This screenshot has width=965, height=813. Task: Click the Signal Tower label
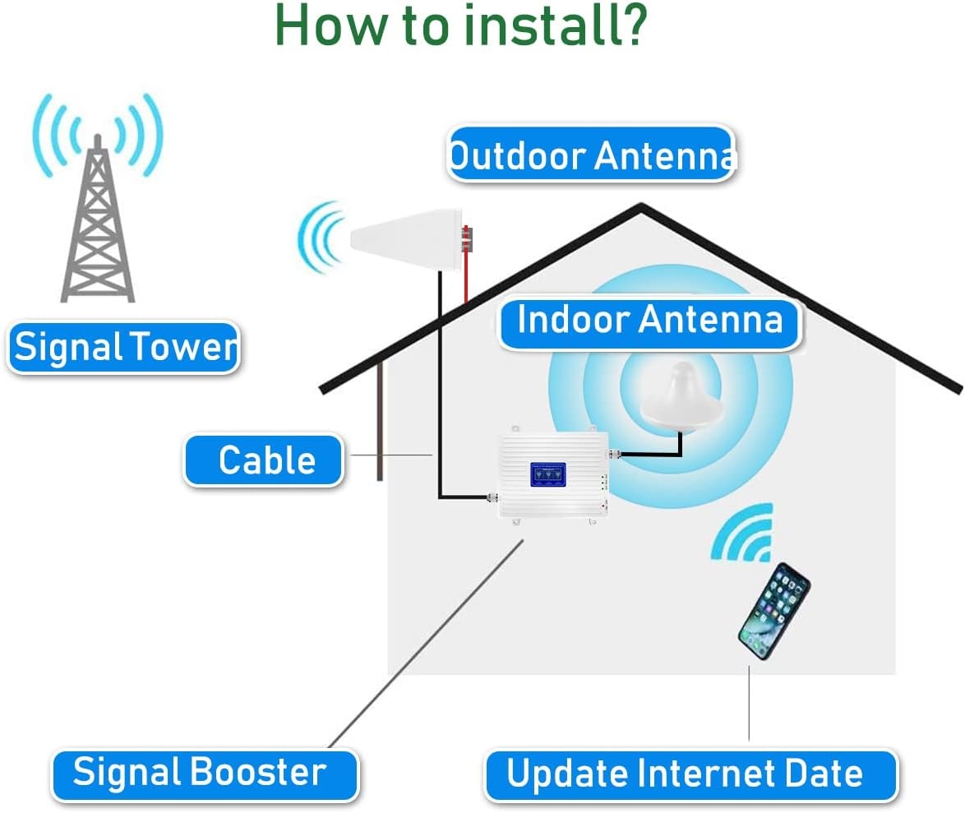click(124, 347)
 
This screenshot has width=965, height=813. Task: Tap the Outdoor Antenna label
click(590, 155)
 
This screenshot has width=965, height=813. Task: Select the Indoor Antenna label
click(649, 320)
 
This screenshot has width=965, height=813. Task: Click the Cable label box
click(264, 460)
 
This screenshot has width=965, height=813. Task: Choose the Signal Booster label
click(203, 774)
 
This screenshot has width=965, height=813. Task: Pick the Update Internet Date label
click(689, 774)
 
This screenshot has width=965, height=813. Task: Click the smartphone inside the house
click(773, 611)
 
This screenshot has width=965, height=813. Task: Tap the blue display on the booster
click(547, 473)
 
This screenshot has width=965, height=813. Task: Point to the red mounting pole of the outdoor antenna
click(466, 263)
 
